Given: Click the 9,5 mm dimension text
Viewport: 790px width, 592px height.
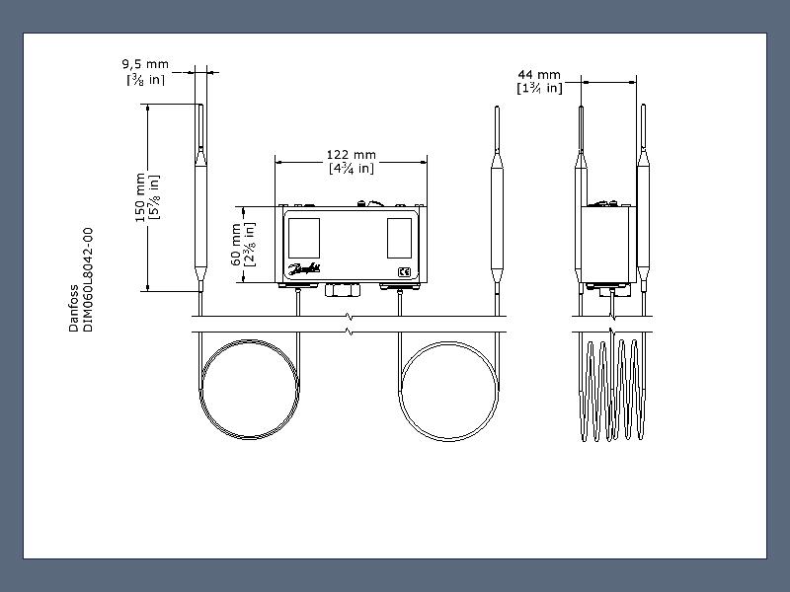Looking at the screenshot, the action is pyautogui.click(x=145, y=64).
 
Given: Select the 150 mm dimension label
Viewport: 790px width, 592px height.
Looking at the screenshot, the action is pyautogui.click(x=140, y=197).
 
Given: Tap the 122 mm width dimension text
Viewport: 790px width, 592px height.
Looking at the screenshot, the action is pyautogui.click(x=352, y=155).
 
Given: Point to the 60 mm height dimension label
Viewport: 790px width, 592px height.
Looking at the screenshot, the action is pyautogui.click(x=235, y=245).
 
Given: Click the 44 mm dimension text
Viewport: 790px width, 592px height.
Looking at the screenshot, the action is pyautogui.click(x=539, y=75).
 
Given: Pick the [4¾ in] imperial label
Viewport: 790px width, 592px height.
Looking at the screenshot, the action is pyautogui.click(x=352, y=168).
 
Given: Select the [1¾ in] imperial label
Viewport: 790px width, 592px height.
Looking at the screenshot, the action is pyautogui.click(x=539, y=88).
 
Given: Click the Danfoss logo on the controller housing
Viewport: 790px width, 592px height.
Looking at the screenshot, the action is pyautogui.click(x=304, y=269).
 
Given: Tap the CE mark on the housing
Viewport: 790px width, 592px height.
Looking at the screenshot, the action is pyautogui.click(x=404, y=272).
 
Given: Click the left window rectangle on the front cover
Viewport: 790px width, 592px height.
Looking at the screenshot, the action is pyautogui.click(x=304, y=238).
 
